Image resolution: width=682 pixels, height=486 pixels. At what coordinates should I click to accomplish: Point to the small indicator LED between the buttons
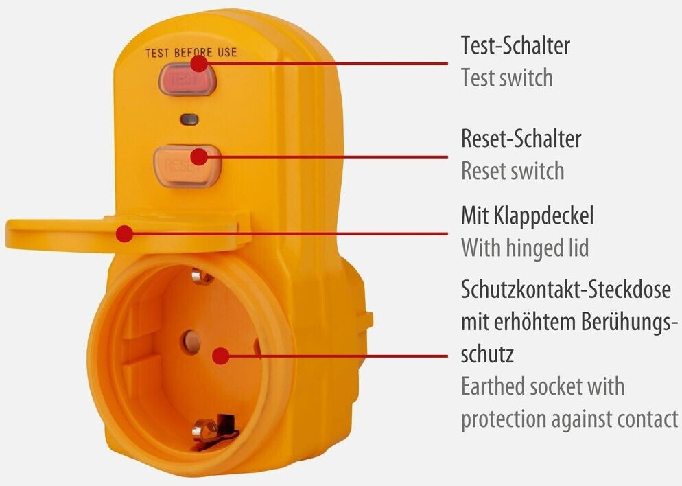(189, 119)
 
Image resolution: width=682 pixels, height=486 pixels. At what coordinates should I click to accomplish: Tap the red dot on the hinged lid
(124, 233)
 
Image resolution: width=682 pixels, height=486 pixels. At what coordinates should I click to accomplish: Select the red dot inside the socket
(220, 356)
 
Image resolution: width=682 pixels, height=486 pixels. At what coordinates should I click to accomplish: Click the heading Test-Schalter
(515, 46)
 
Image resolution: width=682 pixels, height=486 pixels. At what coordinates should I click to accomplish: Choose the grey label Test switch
(506, 77)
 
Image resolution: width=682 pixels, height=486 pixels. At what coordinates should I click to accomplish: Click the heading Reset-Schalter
(521, 139)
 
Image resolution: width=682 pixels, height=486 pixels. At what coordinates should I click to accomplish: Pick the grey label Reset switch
(512, 170)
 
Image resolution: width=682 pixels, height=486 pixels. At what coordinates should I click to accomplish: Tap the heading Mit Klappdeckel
(527, 216)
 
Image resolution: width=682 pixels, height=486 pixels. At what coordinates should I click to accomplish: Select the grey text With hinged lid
(524, 246)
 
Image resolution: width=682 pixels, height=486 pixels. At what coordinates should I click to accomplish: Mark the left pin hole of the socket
(189, 340)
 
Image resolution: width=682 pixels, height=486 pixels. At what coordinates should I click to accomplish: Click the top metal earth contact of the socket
(201, 277)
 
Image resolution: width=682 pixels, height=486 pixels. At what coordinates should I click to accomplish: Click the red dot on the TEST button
(199, 64)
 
